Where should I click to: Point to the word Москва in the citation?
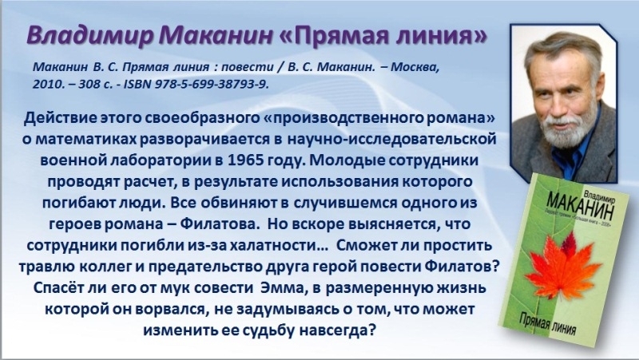click(x=415, y=66)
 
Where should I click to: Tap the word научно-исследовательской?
click(x=392, y=139)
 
